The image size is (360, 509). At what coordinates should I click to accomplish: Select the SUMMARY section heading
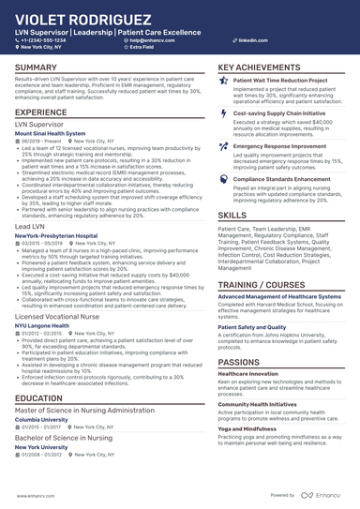click(36, 68)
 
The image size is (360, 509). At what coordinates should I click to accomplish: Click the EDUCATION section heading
click(38, 398)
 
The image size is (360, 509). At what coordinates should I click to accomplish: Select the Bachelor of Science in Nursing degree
click(63, 438)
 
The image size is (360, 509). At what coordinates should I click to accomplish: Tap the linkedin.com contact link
click(247, 41)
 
